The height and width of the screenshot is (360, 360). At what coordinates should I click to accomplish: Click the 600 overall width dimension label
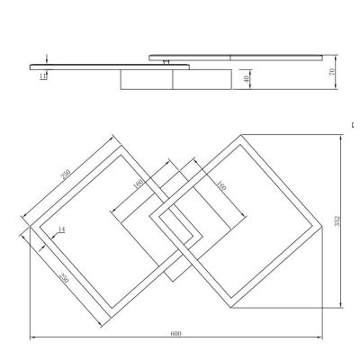pos(176,334)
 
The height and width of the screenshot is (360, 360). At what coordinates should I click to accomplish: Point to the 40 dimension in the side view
pos(247,78)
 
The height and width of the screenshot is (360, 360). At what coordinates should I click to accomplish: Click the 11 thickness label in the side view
pos(42,76)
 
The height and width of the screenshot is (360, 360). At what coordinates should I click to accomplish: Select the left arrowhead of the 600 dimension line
pos(33,338)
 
